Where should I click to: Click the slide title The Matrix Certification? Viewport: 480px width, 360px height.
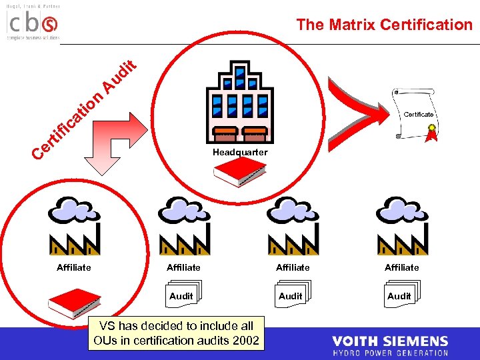click(384, 25)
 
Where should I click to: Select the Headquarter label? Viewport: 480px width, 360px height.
click(240, 152)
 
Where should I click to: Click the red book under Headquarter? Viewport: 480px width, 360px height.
click(239, 172)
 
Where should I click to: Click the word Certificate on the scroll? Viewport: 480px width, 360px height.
click(419, 115)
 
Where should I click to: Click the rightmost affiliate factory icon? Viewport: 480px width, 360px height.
click(401, 227)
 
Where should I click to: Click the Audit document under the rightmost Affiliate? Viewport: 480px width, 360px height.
click(400, 295)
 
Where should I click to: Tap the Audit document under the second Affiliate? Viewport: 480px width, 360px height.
click(183, 295)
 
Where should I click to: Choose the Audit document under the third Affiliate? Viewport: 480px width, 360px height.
click(291, 295)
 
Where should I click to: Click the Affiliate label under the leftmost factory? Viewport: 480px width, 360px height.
click(74, 267)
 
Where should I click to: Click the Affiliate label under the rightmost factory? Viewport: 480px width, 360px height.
click(401, 267)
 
